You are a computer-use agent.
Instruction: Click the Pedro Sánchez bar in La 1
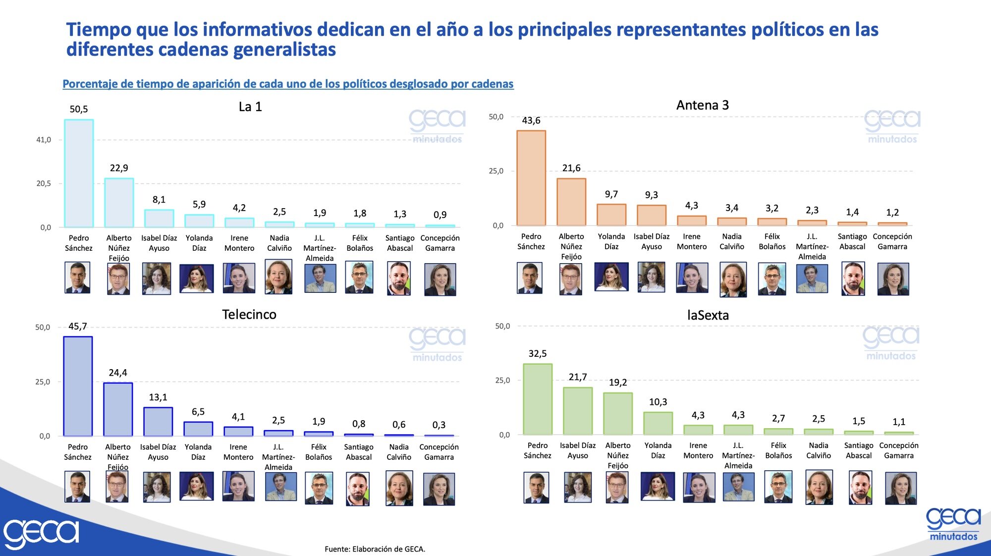(79, 173)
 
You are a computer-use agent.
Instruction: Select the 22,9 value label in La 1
(119, 168)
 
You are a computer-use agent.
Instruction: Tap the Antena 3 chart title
(702, 105)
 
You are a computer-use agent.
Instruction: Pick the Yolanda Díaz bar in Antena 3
(611, 215)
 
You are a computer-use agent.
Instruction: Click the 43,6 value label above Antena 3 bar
(531, 120)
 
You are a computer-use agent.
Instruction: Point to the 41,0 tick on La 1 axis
(44, 140)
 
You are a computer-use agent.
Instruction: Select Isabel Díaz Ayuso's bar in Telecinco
(158, 422)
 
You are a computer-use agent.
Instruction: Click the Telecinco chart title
(249, 314)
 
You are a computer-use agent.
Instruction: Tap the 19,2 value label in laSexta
(617, 383)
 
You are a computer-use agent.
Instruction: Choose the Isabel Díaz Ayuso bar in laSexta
(577, 411)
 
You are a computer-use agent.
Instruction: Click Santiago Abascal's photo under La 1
(399, 279)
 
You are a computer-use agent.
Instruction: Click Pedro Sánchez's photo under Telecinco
(77, 487)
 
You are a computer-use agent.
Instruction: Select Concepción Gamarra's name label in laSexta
(898, 450)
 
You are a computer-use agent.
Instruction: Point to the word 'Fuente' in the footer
(336, 549)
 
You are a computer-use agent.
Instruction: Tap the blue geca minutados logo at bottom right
(953, 524)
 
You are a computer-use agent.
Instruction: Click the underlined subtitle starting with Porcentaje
(288, 84)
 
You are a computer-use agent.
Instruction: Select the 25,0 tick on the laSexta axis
(502, 380)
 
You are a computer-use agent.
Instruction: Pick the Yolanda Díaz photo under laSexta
(657, 486)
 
